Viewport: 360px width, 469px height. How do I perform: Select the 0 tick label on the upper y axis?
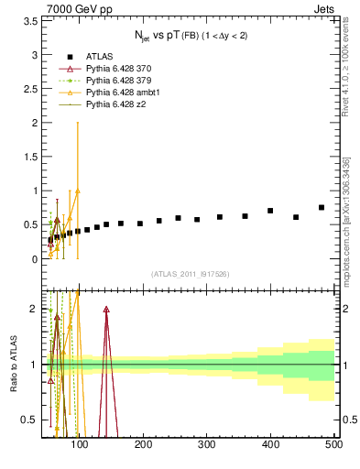pos(35,259)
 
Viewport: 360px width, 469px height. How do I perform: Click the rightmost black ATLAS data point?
pos(322,207)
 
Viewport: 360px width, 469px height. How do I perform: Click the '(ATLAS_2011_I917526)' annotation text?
pos(190,275)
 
